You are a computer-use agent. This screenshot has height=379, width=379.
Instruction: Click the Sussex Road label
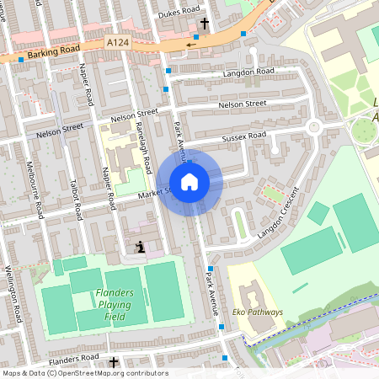[243, 134]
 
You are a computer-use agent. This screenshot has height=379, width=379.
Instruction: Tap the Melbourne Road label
[35, 190]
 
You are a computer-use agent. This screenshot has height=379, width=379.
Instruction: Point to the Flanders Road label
[74, 358]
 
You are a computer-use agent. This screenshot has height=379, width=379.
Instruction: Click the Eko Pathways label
[258, 312]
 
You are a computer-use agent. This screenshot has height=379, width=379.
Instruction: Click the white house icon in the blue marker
[189, 182]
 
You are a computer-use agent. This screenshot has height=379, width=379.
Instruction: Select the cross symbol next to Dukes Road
[205, 23]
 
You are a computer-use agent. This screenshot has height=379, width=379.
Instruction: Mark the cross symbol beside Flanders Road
[115, 362]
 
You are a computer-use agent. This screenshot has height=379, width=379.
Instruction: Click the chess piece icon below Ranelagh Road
[140, 247]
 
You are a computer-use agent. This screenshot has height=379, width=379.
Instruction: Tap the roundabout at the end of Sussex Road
[315, 128]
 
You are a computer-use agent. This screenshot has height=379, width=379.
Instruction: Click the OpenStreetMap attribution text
[85, 373]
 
